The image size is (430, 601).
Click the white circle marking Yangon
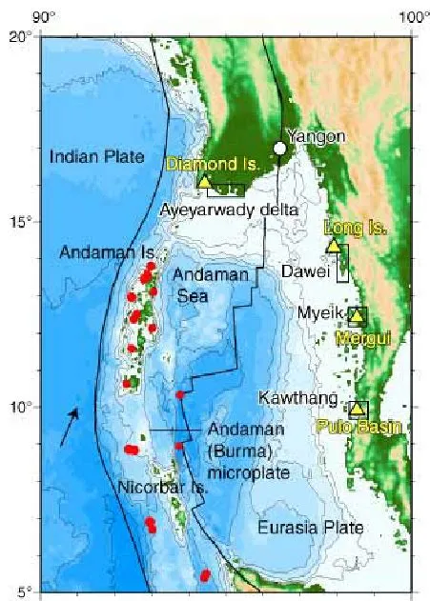(279, 148)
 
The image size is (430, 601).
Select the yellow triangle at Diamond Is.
(204, 181)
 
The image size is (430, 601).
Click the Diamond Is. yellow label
(213, 164)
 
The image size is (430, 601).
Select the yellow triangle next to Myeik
(357, 315)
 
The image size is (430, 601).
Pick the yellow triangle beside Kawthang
(357, 409)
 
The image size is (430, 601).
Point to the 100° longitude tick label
(412, 15)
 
